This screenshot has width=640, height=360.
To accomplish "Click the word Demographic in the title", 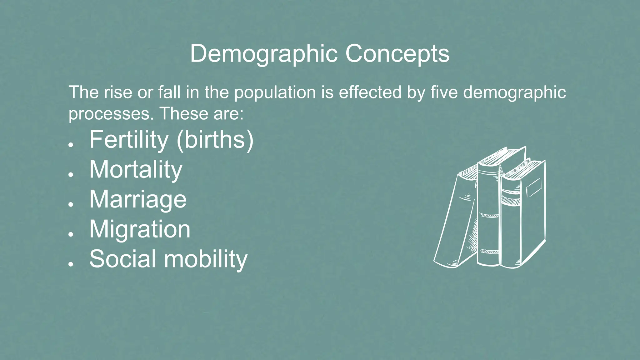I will [263, 54].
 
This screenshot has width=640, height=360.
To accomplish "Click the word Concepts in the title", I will [397, 54].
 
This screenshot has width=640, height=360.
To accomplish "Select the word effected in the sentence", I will [370, 92].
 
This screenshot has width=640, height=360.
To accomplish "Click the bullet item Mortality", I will [136, 170].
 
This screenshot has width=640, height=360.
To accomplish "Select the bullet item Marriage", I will [138, 199].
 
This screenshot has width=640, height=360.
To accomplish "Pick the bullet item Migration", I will [140, 229].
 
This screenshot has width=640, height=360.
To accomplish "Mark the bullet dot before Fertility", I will [71, 145].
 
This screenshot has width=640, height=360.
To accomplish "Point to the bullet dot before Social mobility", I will [71, 264].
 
